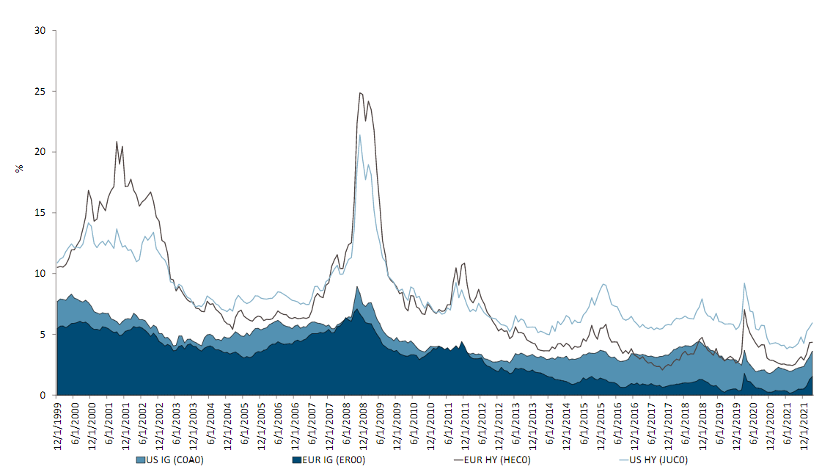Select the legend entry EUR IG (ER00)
pos(329,460)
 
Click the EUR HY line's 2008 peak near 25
pos(360,92)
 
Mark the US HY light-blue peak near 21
pos(359,135)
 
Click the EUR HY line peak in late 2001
pos(117,142)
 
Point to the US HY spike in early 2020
pos(744,283)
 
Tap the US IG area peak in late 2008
pos(357,287)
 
